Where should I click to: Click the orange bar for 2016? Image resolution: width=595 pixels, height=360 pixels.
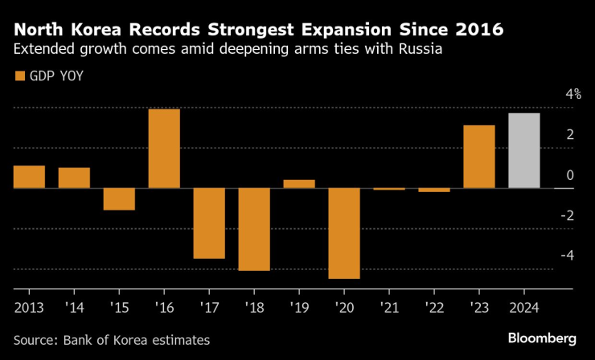[x=164, y=149]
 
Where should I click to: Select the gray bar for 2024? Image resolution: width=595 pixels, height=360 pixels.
[x=524, y=151]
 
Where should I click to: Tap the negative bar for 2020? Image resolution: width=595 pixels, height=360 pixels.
[x=344, y=233]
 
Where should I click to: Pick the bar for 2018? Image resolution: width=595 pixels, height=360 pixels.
[x=254, y=229]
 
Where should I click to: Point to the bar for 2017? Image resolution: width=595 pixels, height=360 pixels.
[x=209, y=223]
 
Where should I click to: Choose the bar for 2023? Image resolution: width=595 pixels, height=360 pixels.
[x=479, y=157]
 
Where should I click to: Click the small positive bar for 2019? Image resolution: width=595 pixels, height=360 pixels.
[x=299, y=184]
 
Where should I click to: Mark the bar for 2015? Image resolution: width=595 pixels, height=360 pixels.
[x=119, y=198]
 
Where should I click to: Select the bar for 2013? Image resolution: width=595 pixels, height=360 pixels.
[x=29, y=177]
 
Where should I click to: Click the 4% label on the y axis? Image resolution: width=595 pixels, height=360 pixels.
[x=573, y=95]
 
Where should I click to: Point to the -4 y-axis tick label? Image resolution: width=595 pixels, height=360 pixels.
[x=570, y=256]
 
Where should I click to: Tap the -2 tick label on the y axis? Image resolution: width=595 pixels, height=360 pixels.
[x=570, y=215]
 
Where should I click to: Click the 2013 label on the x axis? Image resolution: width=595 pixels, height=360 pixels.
[x=29, y=307]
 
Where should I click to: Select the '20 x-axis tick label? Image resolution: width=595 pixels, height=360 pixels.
[x=344, y=307]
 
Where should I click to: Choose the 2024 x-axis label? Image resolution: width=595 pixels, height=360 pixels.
[x=524, y=307]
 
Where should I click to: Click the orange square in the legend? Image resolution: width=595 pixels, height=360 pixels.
[x=19, y=76]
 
